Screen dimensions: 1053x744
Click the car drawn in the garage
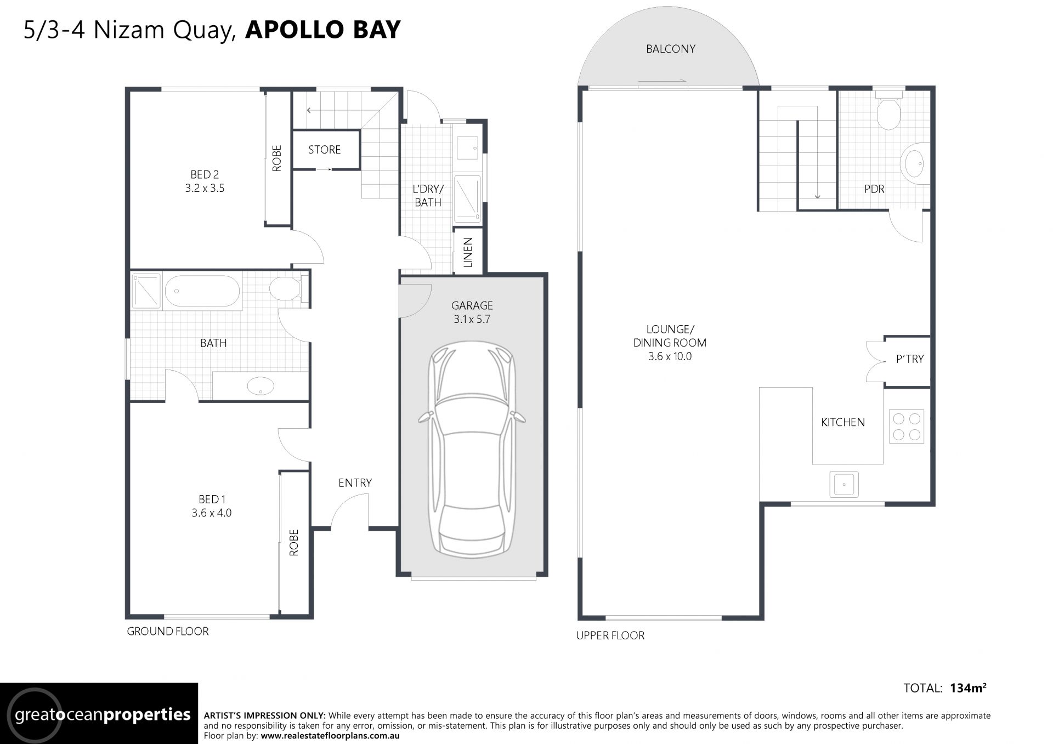(472, 450)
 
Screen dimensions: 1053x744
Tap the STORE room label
(324, 150)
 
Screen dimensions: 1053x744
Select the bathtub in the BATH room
(202, 291)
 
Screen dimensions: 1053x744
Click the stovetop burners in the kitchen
(907, 427)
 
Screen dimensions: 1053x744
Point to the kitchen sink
(844, 484)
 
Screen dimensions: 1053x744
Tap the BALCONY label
(670, 49)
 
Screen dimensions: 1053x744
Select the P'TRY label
(910, 359)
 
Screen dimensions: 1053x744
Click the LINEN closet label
(468, 252)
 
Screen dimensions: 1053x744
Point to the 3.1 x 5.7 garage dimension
(472, 319)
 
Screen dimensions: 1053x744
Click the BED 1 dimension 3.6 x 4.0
(212, 513)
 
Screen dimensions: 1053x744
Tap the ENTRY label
(355, 482)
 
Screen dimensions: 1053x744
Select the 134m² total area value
(968, 688)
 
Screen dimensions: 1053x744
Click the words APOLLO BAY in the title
(323, 30)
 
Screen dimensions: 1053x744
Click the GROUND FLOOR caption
(168, 631)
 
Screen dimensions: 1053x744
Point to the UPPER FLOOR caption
(610, 635)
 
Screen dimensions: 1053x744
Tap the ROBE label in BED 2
(277, 158)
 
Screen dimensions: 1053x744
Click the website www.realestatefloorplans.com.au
(330, 736)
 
